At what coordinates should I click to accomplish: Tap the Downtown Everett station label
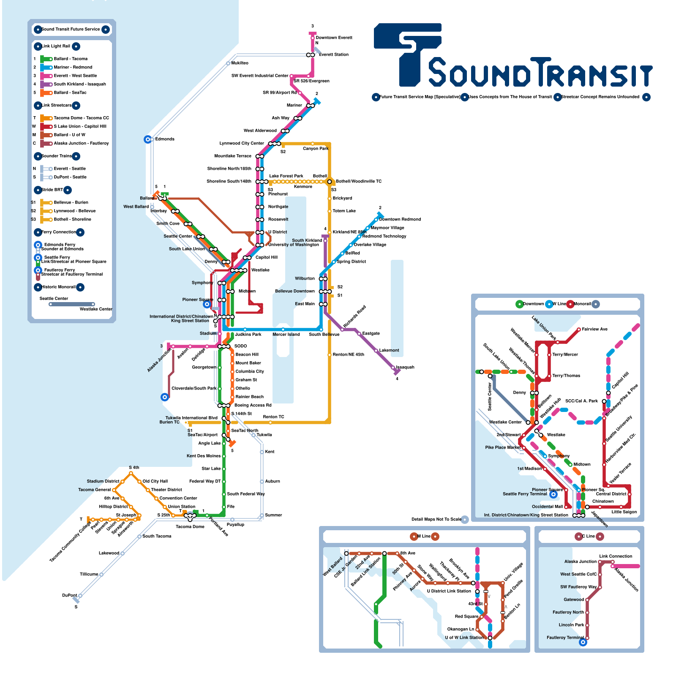click(334, 38)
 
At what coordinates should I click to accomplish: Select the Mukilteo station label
click(240, 63)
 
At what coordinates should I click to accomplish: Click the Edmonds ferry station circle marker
click(148, 139)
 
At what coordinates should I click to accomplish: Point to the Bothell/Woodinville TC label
click(358, 182)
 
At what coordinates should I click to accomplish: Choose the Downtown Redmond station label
click(400, 220)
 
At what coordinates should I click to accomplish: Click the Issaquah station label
click(405, 368)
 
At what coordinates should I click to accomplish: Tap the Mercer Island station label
click(286, 335)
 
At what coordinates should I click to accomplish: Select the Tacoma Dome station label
click(190, 526)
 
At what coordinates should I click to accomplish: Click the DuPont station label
click(69, 596)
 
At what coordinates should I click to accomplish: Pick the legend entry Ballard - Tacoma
click(71, 59)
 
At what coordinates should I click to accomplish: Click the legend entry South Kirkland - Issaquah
click(80, 84)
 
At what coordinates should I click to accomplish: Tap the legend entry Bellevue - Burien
click(71, 203)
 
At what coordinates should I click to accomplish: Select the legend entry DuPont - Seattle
click(70, 177)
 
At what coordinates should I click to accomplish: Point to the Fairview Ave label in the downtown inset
click(594, 330)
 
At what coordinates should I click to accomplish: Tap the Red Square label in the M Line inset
click(466, 617)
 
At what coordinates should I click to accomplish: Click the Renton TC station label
click(273, 417)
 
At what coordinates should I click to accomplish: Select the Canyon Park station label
click(315, 149)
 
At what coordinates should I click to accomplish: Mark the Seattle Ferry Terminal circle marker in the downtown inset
click(553, 494)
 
